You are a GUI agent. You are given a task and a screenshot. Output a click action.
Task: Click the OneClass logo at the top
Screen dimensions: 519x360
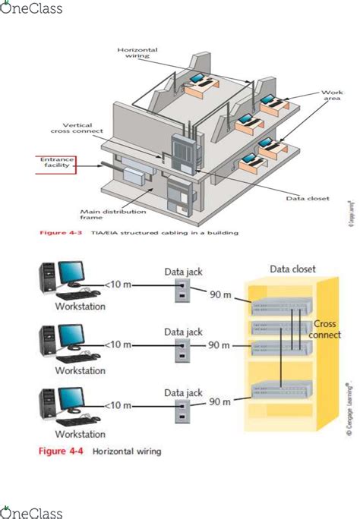tap(31, 9)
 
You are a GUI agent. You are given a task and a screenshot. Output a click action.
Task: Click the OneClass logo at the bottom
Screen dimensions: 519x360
tap(31, 509)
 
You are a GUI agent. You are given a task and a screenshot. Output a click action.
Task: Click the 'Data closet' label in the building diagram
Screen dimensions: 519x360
tap(307, 199)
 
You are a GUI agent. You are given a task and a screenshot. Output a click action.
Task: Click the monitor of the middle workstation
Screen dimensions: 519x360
tap(71, 337)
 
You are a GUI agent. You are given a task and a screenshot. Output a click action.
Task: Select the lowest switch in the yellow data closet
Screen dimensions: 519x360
tap(281, 391)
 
